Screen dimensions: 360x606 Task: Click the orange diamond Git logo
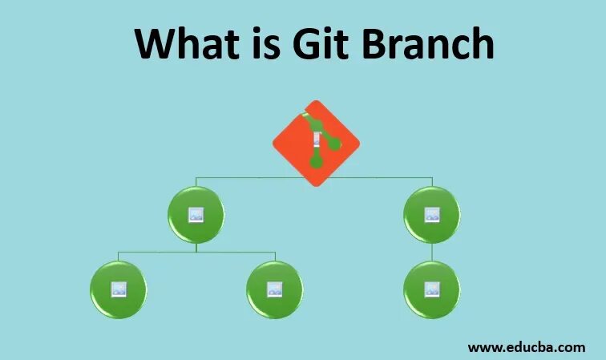point(316,144)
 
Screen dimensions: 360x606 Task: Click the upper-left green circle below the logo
point(196,215)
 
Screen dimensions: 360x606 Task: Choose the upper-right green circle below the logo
point(432,215)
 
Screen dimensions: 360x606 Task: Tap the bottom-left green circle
point(118,289)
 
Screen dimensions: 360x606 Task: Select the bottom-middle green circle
point(274,289)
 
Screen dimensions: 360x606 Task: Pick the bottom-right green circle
point(432,289)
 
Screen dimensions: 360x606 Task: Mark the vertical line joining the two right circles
point(432,252)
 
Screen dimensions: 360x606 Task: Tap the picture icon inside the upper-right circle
point(432,215)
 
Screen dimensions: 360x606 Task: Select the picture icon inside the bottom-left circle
point(118,289)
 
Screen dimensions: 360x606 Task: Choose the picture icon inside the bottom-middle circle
point(274,289)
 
